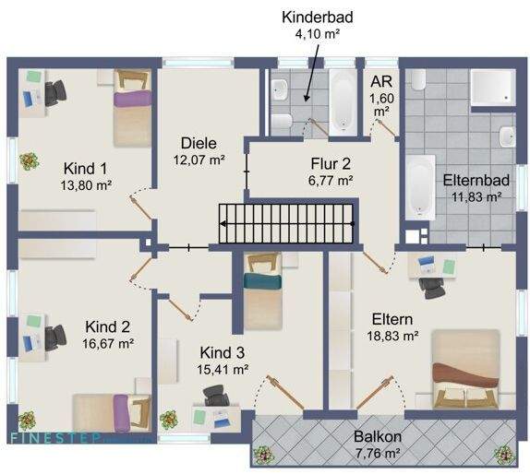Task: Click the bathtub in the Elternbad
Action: pos(420,187)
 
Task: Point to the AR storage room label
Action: pos(381,80)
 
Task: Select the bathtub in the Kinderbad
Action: pos(343,98)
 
